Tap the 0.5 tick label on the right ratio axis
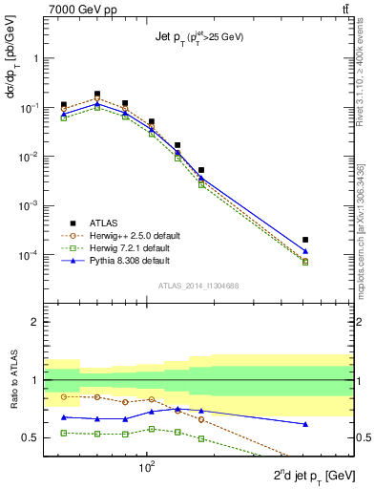(364, 437)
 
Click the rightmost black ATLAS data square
(304, 240)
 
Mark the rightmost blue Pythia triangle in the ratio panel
(304, 424)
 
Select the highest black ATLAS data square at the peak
(97, 95)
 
